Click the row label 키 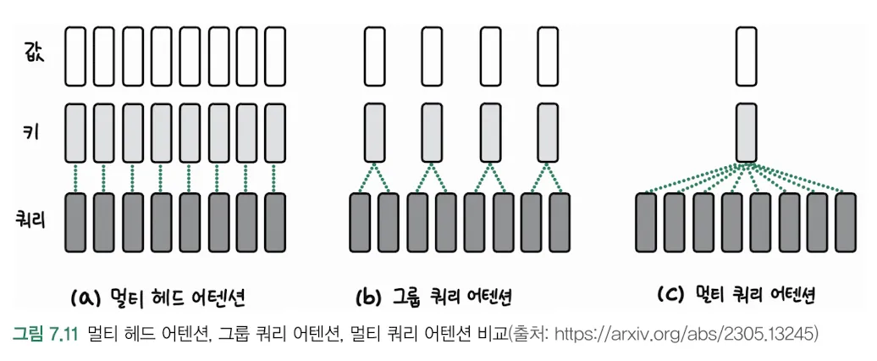pyautogui.click(x=33, y=132)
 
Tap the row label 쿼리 pyautogui.click(x=30, y=221)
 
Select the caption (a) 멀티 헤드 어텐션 pyautogui.click(x=160, y=298)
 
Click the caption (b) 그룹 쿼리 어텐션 pyautogui.click(x=434, y=298)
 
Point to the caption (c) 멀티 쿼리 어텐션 pyautogui.click(x=736, y=296)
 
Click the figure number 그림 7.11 pyautogui.click(x=45, y=335)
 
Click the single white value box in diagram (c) pyautogui.click(x=746, y=55)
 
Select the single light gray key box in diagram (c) pyautogui.click(x=746, y=132)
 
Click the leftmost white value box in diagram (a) pyautogui.click(x=76, y=55)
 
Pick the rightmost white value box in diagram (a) pyautogui.click(x=275, y=55)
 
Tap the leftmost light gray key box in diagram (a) pyautogui.click(x=76, y=132)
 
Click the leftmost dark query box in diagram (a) pyautogui.click(x=76, y=223)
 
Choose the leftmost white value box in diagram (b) pyautogui.click(x=375, y=55)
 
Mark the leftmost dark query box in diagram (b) pyautogui.click(x=361, y=223)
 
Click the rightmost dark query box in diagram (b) pyautogui.click(x=560, y=223)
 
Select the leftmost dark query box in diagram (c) pyautogui.click(x=647, y=223)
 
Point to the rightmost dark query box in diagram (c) pyautogui.click(x=846, y=223)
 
